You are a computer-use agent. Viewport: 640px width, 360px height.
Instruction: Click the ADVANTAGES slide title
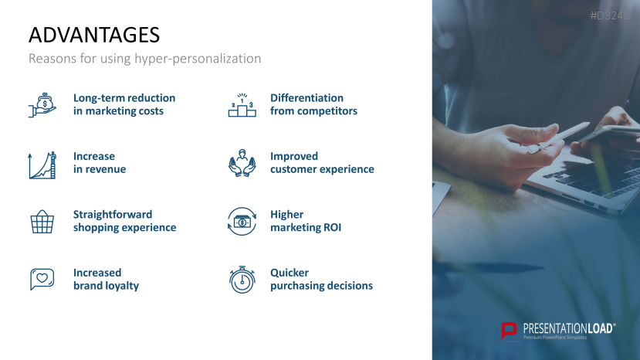pyautogui.click(x=94, y=35)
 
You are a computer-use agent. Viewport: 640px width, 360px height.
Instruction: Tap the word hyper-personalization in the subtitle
pyautogui.click(x=198, y=59)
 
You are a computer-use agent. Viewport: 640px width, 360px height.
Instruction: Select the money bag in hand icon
pyautogui.click(x=42, y=105)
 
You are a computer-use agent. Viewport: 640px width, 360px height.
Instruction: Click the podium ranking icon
pyautogui.click(x=242, y=105)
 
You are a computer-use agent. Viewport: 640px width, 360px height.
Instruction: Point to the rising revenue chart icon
pyautogui.click(x=42, y=165)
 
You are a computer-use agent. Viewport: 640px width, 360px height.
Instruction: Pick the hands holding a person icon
pyautogui.click(x=242, y=163)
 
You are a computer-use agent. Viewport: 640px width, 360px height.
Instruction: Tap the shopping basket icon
pyautogui.click(x=42, y=222)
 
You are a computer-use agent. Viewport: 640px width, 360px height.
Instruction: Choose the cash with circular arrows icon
pyautogui.click(x=242, y=222)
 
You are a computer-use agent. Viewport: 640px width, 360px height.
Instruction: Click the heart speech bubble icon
pyautogui.click(x=42, y=280)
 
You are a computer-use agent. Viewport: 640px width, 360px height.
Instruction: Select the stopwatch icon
pyautogui.click(x=242, y=280)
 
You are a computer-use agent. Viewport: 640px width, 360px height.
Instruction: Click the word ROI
pyautogui.click(x=332, y=228)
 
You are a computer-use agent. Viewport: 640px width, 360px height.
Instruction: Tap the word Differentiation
pyautogui.click(x=307, y=98)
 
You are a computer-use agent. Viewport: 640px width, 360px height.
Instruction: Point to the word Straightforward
pyautogui.click(x=113, y=215)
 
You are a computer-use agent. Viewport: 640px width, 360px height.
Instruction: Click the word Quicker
pyautogui.click(x=290, y=273)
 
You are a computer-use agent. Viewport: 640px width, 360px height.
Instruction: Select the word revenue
pyautogui.click(x=107, y=170)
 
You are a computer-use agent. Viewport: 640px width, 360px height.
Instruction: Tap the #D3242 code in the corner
pyautogui.click(x=609, y=15)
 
